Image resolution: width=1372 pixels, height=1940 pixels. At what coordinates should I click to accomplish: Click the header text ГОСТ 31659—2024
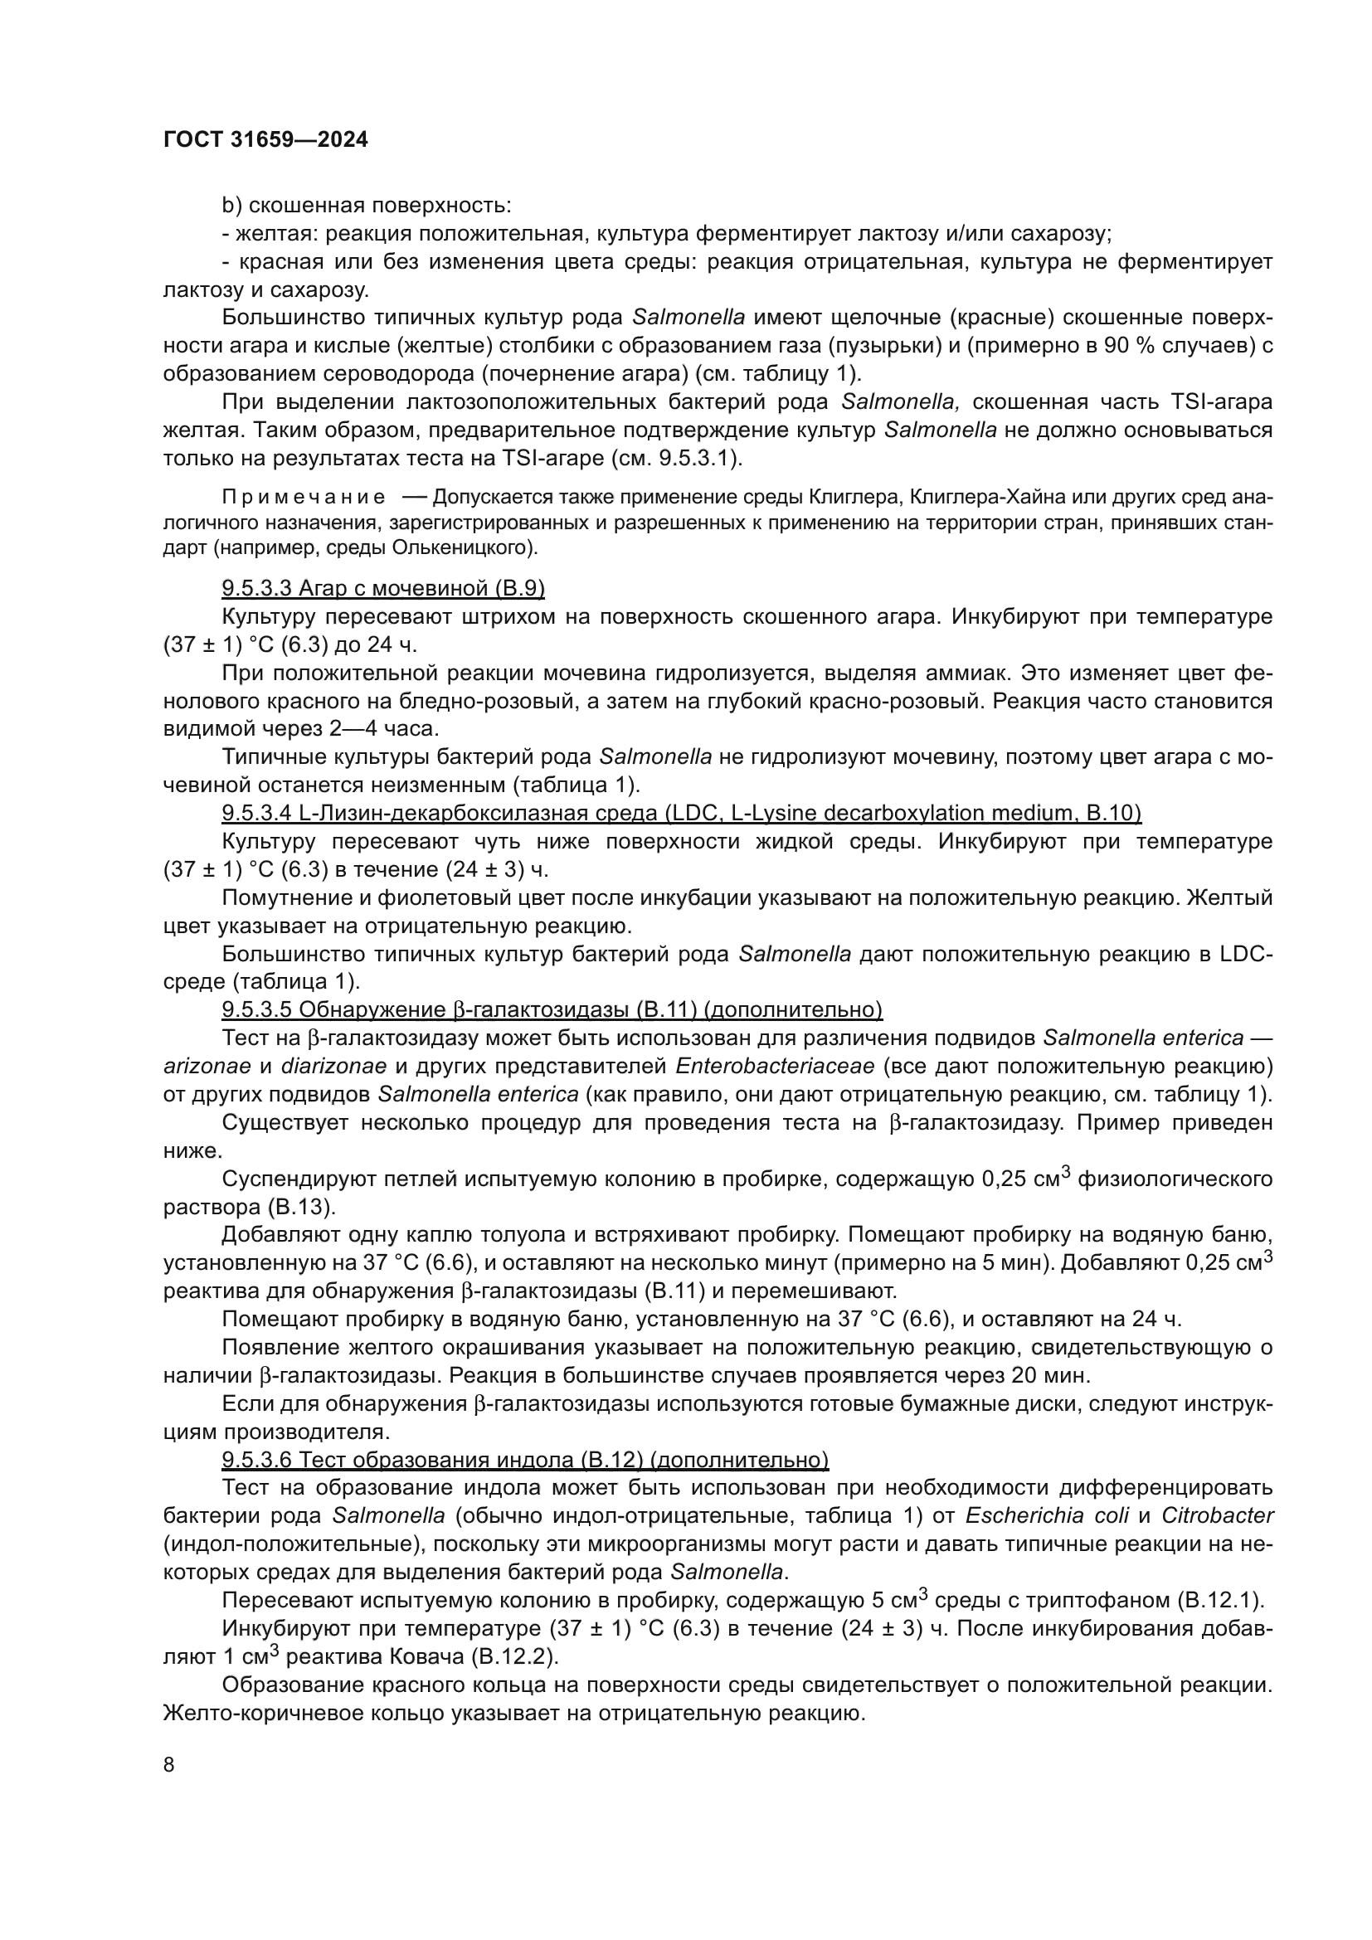click(x=265, y=140)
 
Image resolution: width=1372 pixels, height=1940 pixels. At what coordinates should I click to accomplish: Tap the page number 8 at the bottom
click(x=169, y=1764)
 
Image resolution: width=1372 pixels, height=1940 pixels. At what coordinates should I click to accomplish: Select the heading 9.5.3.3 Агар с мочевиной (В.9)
click(x=382, y=588)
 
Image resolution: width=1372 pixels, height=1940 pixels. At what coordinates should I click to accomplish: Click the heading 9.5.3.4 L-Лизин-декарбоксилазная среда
click(x=681, y=813)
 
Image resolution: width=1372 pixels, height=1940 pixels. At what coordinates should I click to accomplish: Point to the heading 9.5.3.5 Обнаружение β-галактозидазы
click(x=552, y=1009)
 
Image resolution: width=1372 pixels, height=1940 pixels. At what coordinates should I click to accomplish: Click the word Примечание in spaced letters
click(x=304, y=497)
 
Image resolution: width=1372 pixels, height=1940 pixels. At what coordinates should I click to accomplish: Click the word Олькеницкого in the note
click(x=462, y=547)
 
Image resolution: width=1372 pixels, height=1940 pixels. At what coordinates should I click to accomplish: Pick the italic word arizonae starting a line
click(x=207, y=1067)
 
